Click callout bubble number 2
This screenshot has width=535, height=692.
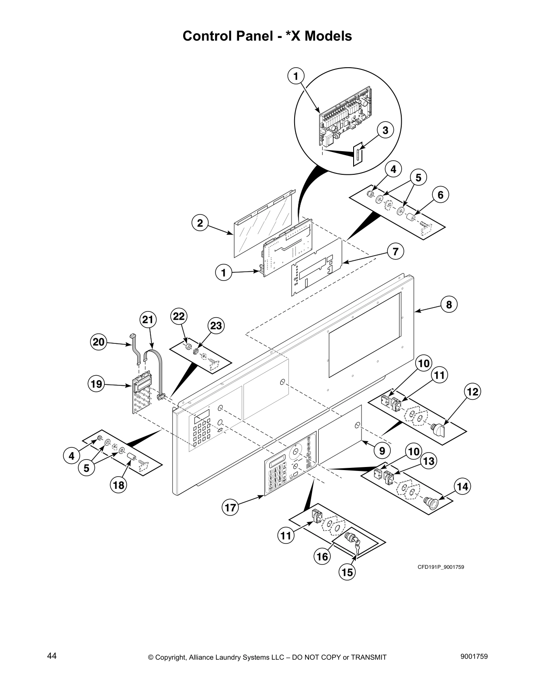click(200, 223)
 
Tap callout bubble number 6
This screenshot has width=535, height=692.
click(440, 195)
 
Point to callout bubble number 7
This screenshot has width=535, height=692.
click(395, 251)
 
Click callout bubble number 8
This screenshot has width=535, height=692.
click(449, 304)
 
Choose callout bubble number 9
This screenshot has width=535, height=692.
click(382, 449)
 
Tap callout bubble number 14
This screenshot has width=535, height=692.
click(463, 486)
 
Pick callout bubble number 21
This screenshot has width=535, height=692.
click(148, 320)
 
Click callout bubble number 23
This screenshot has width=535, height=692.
click(216, 325)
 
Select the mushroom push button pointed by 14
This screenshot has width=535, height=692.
click(430, 502)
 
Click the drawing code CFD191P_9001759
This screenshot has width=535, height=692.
click(441, 567)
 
